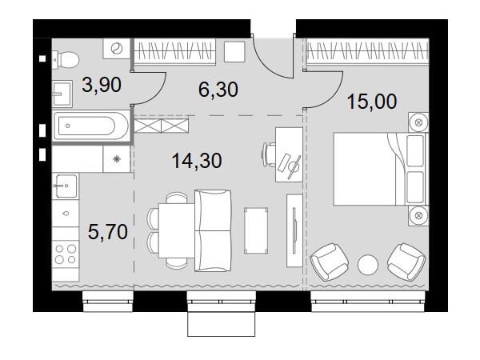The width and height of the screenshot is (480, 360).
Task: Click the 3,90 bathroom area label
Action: (x=102, y=85)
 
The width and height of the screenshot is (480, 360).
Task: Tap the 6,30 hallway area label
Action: (x=218, y=90)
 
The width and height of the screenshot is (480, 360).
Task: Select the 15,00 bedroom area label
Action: (x=372, y=102)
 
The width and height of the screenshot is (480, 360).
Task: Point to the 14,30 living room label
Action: (x=197, y=161)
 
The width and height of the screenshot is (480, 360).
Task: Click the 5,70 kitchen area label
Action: (x=108, y=231)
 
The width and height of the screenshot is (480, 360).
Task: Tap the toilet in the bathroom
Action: (x=64, y=59)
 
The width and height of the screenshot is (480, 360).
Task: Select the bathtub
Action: (x=91, y=126)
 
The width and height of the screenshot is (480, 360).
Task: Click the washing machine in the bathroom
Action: (x=117, y=49)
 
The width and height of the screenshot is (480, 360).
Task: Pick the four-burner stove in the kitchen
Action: (x=66, y=254)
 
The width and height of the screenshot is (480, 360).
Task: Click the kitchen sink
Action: (x=65, y=186)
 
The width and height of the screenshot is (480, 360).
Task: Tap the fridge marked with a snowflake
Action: (x=117, y=159)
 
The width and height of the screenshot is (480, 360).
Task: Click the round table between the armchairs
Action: (x=368, y=264)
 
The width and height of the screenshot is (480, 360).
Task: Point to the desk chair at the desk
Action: (x=269, y=154)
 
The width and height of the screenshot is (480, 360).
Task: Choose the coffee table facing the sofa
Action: (x=256, y=230)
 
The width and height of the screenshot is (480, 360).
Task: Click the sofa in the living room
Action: (x=213, y=230)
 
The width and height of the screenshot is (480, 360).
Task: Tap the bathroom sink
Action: (x=62, y=94)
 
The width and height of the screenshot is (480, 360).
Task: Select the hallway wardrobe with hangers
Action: (x=175, y=51)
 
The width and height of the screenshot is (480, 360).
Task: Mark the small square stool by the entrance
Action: (x=234, y=52)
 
